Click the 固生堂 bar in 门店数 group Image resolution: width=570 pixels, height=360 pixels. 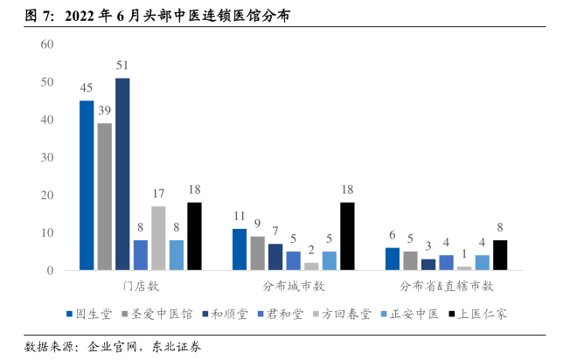pos(87,185)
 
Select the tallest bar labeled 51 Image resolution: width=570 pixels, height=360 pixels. pos(122,175)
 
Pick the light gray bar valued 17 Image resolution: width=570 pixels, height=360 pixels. pos(158,238)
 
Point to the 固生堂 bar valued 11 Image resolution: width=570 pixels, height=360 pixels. pos(240,249)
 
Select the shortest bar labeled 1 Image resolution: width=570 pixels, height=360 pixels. pos(464,268)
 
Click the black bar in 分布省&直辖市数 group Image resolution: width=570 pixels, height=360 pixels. pos(500,255)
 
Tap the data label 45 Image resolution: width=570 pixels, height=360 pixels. pos(87,88)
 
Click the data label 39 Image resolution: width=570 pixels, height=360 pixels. pos(104,111)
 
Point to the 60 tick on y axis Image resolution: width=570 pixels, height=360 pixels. pos(47,45)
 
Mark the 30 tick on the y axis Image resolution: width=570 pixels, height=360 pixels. pos(47,157)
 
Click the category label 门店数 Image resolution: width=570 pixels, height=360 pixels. pos(140,287)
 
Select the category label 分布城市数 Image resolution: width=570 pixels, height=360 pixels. pos(294,287)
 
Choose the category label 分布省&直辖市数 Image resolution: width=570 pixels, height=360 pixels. pos(447,287)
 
